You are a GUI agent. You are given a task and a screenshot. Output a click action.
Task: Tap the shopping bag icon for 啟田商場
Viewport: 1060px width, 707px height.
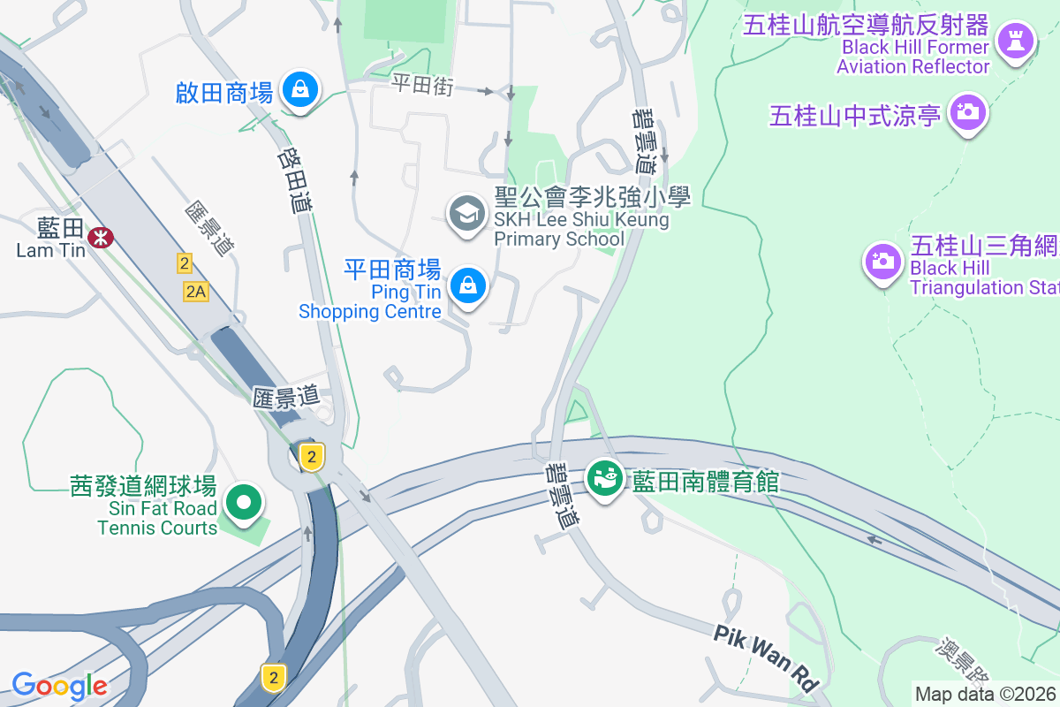(x=300, y=90)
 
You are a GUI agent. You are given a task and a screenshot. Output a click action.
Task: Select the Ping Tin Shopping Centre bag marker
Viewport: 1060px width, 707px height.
(x=468, y=285)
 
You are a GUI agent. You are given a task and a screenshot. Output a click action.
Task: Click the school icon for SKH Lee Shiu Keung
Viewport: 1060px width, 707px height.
(x=467, y=214)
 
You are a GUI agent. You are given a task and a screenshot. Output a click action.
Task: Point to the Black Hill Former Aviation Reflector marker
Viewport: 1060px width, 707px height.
(x=1014, y=40)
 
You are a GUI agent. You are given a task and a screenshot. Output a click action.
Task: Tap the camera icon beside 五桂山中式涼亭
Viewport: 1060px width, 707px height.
(x=967, y=113)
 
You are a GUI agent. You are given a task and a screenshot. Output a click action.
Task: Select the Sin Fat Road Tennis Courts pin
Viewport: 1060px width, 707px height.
(x=243, y=504)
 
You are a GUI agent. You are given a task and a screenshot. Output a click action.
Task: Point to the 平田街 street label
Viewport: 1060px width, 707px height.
(x=422, y=85)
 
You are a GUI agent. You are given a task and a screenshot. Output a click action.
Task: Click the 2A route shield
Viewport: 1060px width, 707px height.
(x=196, y=292)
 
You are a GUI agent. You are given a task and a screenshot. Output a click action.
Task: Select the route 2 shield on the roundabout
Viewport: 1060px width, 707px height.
(x=310, y=456)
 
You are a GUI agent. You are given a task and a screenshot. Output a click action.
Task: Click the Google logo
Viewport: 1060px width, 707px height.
(x=59, y=686)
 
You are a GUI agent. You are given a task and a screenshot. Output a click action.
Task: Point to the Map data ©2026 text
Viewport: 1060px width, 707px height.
(x=986, y=695)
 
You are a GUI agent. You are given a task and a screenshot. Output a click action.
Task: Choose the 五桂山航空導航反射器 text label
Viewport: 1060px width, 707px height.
(x=866, y=25)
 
